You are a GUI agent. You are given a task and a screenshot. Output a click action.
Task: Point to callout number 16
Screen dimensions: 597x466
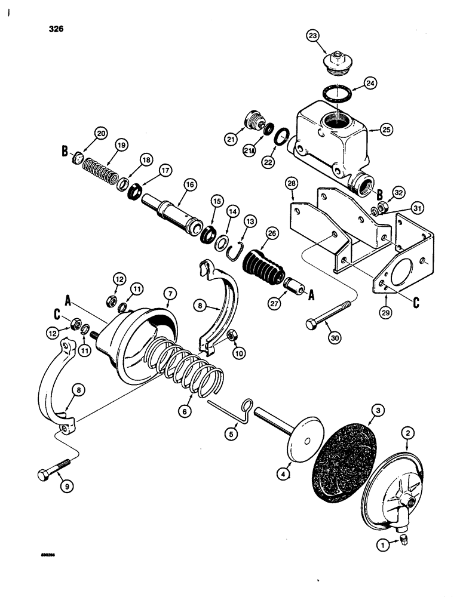pos(189,186)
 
